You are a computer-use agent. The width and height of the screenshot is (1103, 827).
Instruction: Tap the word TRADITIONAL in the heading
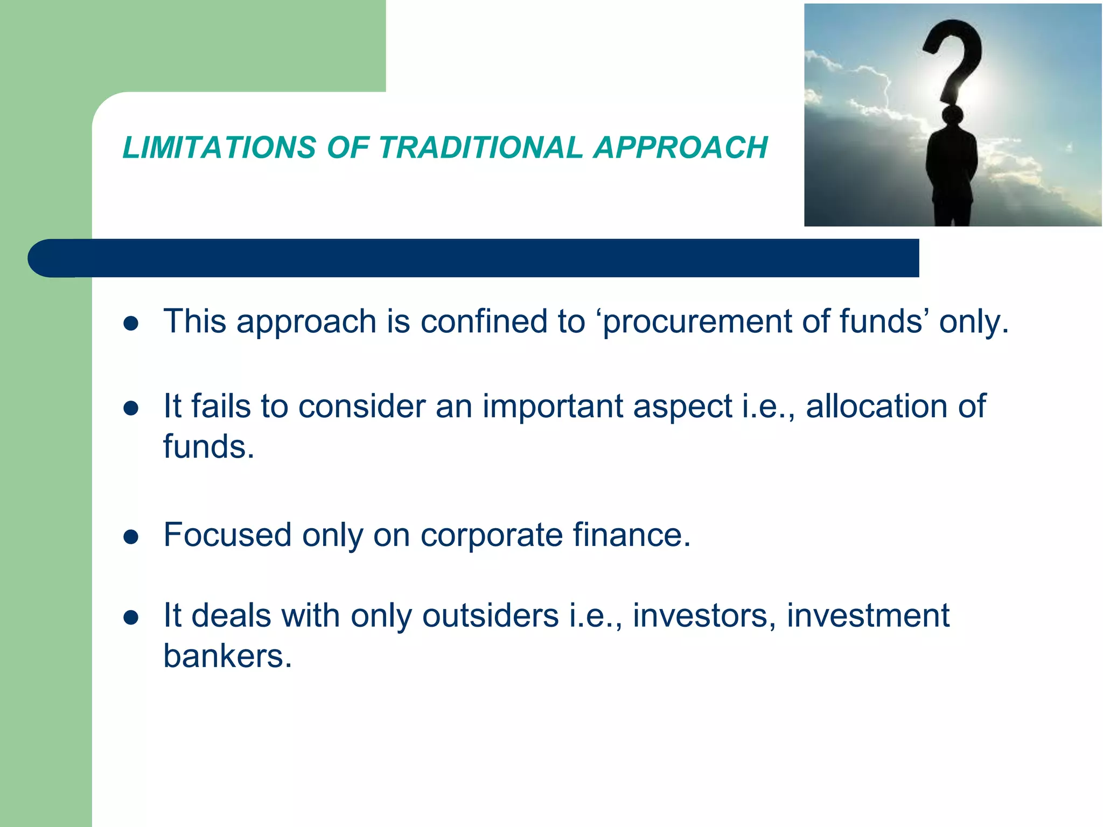tap(480, 148)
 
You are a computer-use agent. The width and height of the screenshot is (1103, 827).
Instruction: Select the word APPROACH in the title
tap(680, 148)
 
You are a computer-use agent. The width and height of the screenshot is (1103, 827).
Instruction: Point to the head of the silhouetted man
tap(953, 115)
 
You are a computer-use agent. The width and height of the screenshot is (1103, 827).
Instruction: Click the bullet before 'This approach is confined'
tap(131, 323)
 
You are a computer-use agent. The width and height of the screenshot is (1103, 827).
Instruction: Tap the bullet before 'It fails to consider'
tap(131, 408)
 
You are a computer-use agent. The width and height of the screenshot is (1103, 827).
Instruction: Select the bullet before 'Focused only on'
tap(131, 537)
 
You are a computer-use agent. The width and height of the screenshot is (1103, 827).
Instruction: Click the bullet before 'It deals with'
tap(131, 617)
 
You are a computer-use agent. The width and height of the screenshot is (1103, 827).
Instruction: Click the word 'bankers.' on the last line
tap(227, 656)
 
